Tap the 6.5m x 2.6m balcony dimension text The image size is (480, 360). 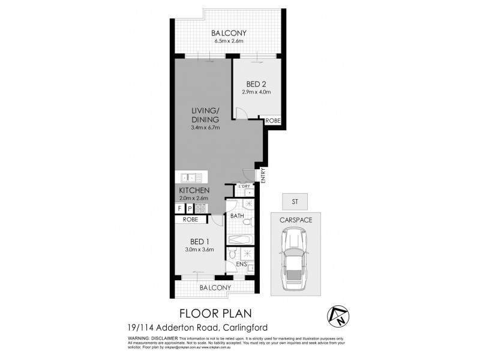click(x=225, y=41)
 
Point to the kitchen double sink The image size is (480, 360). click(x=191, y=177)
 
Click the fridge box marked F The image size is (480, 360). click(x=179, y=208)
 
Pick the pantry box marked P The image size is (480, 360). click(x=190, y=208)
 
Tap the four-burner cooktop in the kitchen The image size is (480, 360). click(x=201, y=208)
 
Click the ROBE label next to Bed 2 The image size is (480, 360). click(x=274, y=121)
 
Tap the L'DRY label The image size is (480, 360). click(x=244, y=186)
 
